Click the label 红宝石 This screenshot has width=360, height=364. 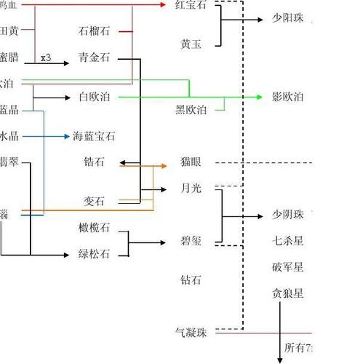[191, 4]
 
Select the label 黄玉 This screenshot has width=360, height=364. [191, 44]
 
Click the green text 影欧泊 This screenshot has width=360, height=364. [287, 97]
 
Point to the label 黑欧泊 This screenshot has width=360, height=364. [191, 110]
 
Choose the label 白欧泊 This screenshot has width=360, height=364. [95, 97]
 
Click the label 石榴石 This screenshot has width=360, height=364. [95, 31]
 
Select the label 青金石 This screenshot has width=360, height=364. [95, 58]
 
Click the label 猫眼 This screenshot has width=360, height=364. [191, 162]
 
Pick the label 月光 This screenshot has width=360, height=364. [191, 189]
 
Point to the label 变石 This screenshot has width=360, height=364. [95, 201]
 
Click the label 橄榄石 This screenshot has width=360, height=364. [95, 228]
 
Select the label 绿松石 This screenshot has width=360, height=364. [95, 254]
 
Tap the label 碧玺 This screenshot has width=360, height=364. [191, 241]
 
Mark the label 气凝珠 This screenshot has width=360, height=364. [191, 333]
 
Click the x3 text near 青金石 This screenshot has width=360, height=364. [46, 58]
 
